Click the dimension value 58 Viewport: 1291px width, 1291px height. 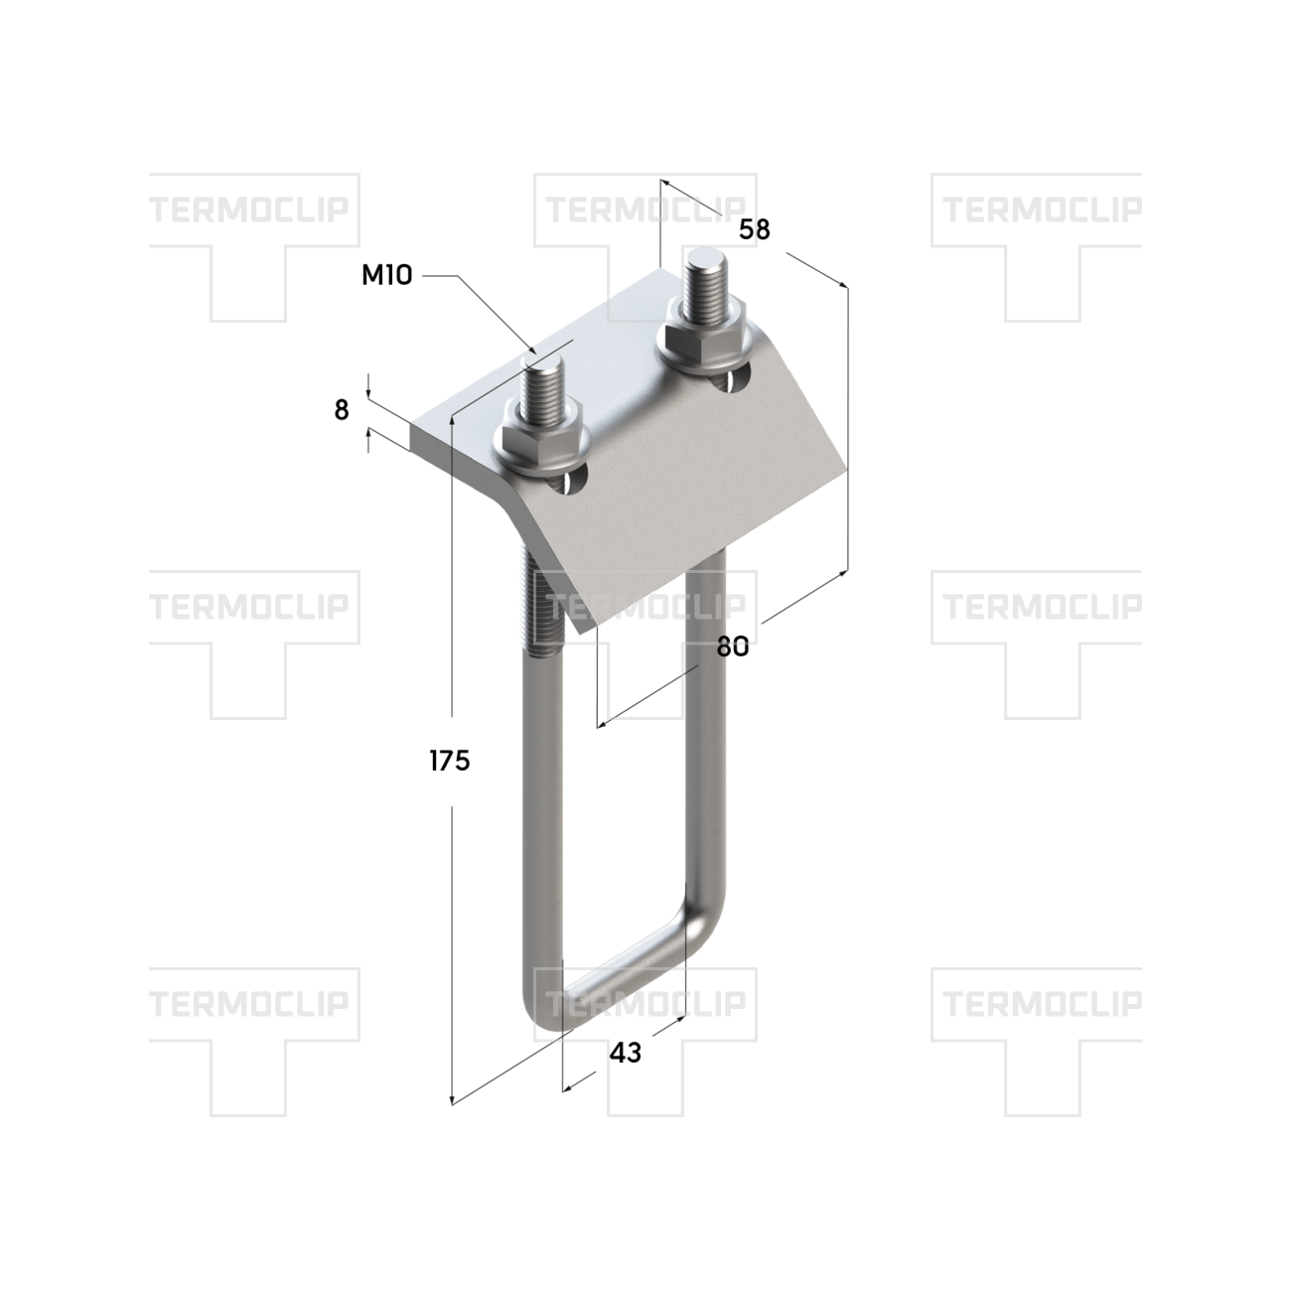[755, 229]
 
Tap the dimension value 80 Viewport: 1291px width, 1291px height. [732, 646]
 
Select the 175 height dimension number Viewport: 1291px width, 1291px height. [450, 761]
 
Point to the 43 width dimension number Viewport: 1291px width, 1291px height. [625, 1053]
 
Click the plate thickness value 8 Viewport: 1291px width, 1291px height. [342, 409]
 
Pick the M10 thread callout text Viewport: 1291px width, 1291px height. [387, 275]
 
